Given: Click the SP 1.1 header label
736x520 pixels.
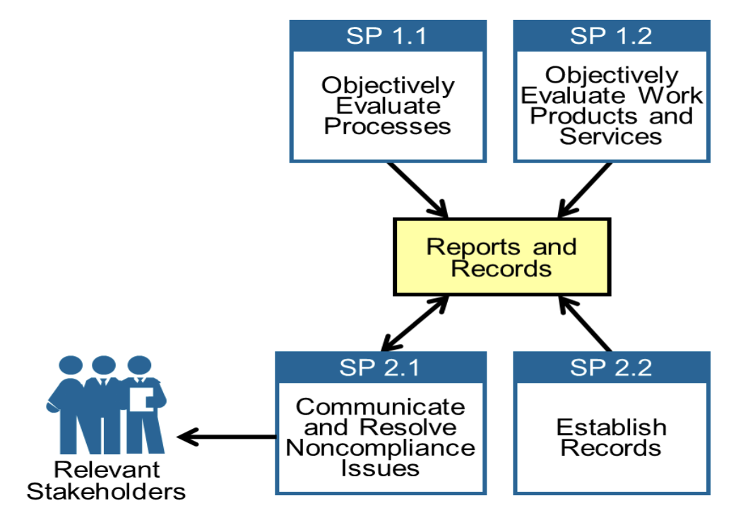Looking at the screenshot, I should [x=386, y=35].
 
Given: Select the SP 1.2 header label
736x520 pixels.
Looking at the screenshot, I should [x=611, y=35].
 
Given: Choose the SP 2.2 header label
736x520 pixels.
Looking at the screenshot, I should [x=611, y=367].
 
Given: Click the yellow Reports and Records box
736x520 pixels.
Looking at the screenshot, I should [x=501, y=257].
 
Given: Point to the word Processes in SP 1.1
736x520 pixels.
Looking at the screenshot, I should [x=387, y=126].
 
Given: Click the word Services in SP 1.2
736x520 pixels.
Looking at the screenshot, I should [x=611, y=136].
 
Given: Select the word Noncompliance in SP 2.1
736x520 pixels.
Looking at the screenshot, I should [x=381, y=447].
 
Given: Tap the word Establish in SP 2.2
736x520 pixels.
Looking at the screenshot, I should [x=611, y=427].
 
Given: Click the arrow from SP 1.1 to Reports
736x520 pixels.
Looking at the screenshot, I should [x=417, y=189].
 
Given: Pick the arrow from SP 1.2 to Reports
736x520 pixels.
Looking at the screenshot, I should [x=585, y=189].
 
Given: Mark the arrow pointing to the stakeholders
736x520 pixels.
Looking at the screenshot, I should [x=226, y=437].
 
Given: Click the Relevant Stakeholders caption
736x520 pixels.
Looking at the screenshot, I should [x=107, y=480].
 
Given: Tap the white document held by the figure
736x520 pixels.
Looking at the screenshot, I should [x=141, y=398].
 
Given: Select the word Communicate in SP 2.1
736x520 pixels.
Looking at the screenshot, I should [x=381, y=407].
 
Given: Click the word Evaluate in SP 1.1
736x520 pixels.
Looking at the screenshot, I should [x=388, y=106].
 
